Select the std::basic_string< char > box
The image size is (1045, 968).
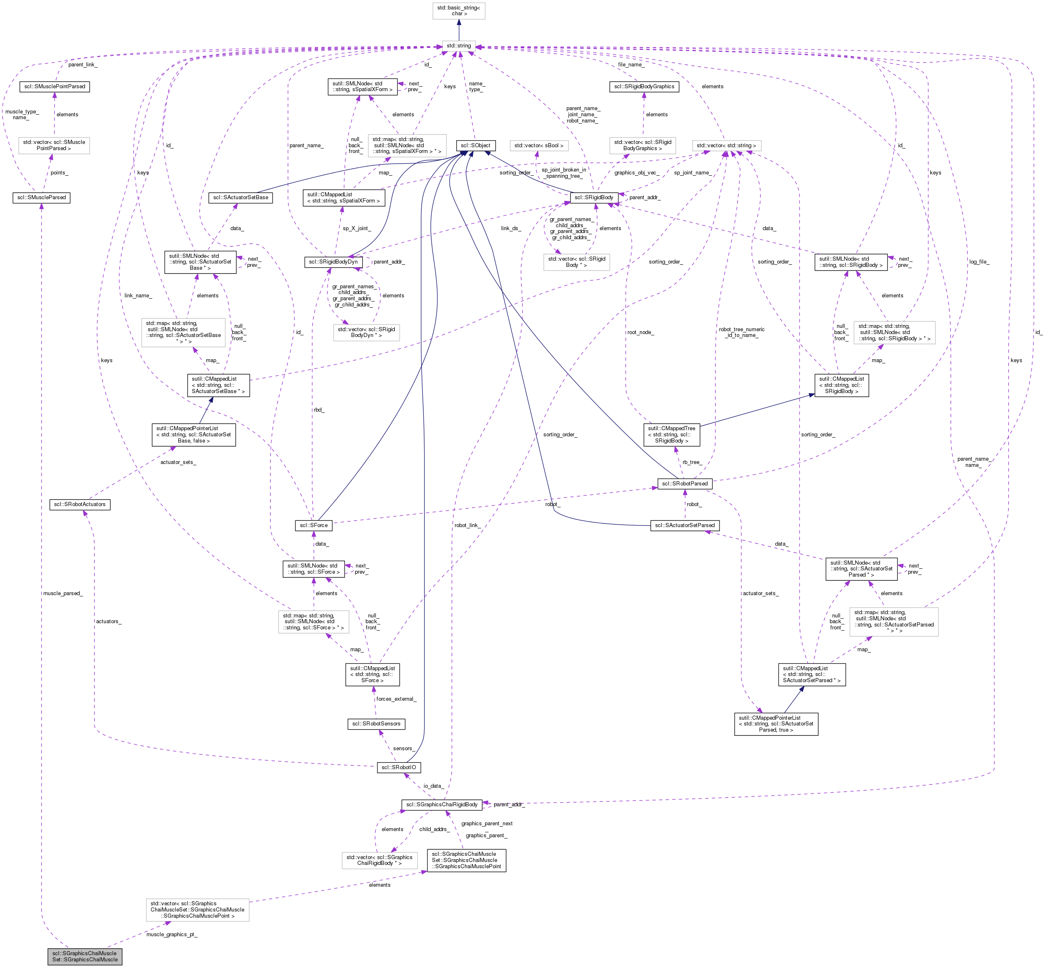click(x=459, y=10)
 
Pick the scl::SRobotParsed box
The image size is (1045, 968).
click(x=684, y=483)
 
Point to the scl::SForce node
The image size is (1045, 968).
click(x=314, y=525)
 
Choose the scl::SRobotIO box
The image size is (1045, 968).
click(x=398, y=768)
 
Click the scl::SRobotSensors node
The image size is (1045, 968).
click(x=376, y=723)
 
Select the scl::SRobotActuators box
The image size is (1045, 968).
click(x=80, y=504)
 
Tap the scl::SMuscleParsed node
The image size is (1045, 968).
click(x=41, y=198)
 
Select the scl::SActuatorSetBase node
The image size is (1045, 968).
click(x=241, y=198)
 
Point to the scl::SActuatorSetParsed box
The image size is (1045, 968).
click(x=684, y=525)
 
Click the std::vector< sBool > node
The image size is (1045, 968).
click(x=539, y=145)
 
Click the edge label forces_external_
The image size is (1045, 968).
click(x=396, y=699)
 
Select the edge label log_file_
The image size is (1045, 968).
click(x=979, y=261)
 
